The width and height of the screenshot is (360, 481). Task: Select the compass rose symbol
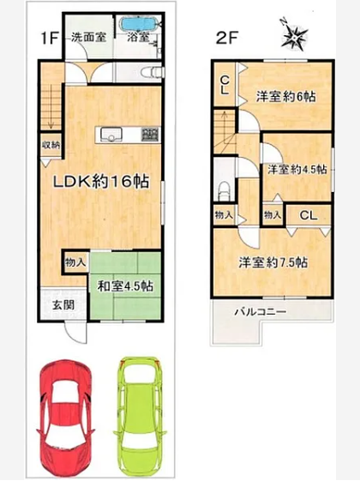pos(294,34)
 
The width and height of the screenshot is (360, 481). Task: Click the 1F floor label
pos(50,39)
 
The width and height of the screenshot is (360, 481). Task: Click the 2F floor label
pos(227,39)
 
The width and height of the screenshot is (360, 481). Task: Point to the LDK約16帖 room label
pos(101,182)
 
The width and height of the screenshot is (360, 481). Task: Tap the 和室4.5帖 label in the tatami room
pos(125,286)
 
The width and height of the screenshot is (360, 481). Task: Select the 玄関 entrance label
pos(63,305)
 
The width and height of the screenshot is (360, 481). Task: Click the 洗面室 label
pos(89,38)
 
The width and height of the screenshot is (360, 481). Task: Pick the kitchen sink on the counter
pos(109,135)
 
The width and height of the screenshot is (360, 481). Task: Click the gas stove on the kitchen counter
pos(151,135)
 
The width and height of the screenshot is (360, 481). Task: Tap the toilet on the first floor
pos(152,73)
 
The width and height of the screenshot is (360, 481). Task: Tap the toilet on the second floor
pos(225,190)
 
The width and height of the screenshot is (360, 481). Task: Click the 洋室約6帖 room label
pos(285,97)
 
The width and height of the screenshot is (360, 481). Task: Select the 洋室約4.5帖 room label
pos(297,169)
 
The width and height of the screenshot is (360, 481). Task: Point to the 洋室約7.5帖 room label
pos(273,262)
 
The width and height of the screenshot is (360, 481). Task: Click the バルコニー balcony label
pos(261,312)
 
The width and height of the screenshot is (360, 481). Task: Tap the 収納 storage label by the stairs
pos(51,145)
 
